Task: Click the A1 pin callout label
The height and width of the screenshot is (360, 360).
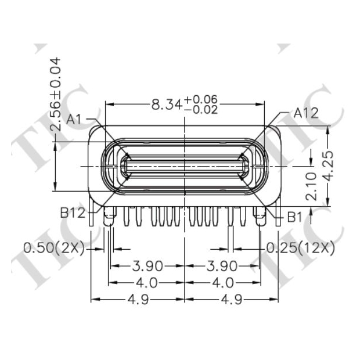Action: coord(75,120)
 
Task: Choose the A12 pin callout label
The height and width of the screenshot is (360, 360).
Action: coord(306,113)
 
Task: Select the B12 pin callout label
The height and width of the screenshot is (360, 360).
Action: coord(73,213)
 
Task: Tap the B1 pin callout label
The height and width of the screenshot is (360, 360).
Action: coord(295,217)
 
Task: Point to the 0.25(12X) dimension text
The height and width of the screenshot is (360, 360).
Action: coord(301,249)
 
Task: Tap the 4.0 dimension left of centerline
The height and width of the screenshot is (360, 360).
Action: coord(146,283)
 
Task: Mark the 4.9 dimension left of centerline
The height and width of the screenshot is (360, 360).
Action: coord(138,300)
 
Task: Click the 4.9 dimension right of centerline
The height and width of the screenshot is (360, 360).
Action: coord(231,300)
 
